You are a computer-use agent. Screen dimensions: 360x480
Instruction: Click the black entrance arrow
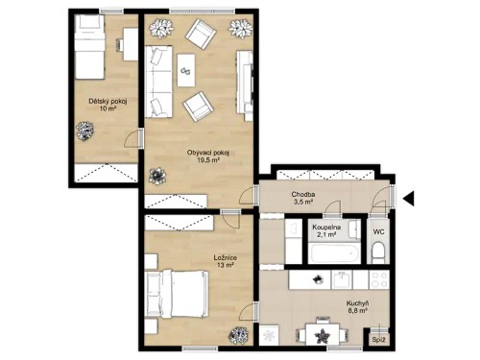[x=407, y=199]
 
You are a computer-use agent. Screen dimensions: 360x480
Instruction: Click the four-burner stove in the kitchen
[x=376, y=279]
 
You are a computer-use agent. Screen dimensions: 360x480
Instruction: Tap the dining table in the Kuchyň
[x=324, y=334]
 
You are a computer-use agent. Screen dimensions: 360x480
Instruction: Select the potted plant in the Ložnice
[x=235, y=336]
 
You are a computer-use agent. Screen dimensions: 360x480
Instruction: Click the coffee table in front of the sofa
[x=186, y=66]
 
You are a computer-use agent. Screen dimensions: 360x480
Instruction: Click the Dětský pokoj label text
[x=108, y=100]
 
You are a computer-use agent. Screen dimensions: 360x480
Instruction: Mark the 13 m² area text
[x=227, y=266]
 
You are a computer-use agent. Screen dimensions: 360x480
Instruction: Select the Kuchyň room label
[x=358, y=304]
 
